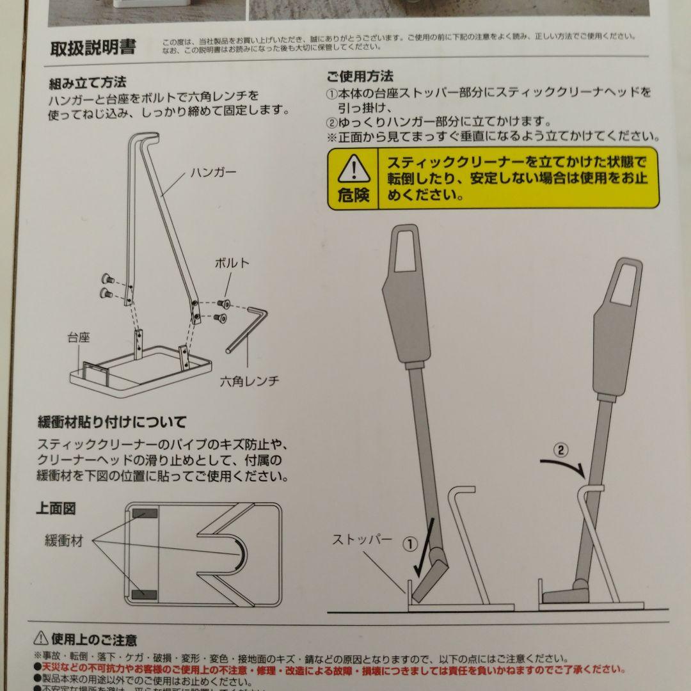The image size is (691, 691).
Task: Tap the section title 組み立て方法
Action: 88,83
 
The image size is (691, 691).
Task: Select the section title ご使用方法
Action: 360,77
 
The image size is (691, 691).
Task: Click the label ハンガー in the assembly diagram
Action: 213,173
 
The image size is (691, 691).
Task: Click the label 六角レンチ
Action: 250,380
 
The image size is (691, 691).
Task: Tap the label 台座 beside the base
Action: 79,337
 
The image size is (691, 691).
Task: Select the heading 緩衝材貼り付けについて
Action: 112,422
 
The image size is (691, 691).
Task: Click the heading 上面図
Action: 56,509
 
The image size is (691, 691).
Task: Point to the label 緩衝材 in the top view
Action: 64,541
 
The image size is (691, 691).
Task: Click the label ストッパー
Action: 362,539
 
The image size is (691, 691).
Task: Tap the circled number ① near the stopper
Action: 410,544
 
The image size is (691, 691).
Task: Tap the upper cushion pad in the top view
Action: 146,514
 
